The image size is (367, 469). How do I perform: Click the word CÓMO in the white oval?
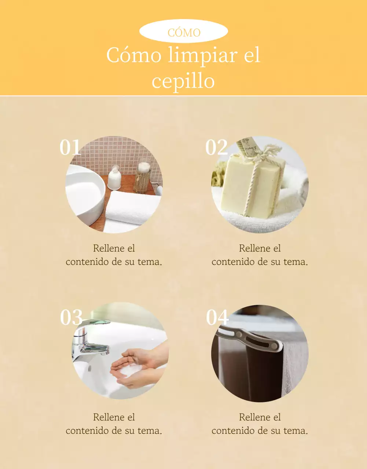pyautogui.click(x=184, y=33)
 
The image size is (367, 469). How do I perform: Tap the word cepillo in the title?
pyautogui.click(x=183, y=82)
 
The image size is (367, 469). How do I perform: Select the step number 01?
pyautogui.click(x=70, y=147)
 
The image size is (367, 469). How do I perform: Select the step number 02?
pyautogui.click(x=217, y=147)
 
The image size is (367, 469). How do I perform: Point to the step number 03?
pyautogui.click(x=71, y=317)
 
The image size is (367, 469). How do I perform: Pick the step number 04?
pyautogui.click(x=217, y=317)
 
